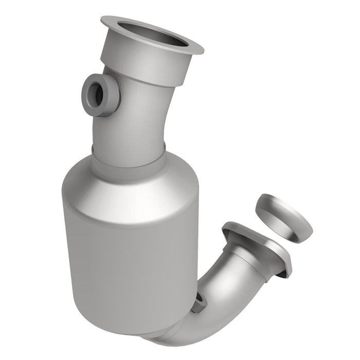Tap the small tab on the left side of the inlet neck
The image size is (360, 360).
[93, 150]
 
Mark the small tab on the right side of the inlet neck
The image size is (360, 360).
[164, 148]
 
